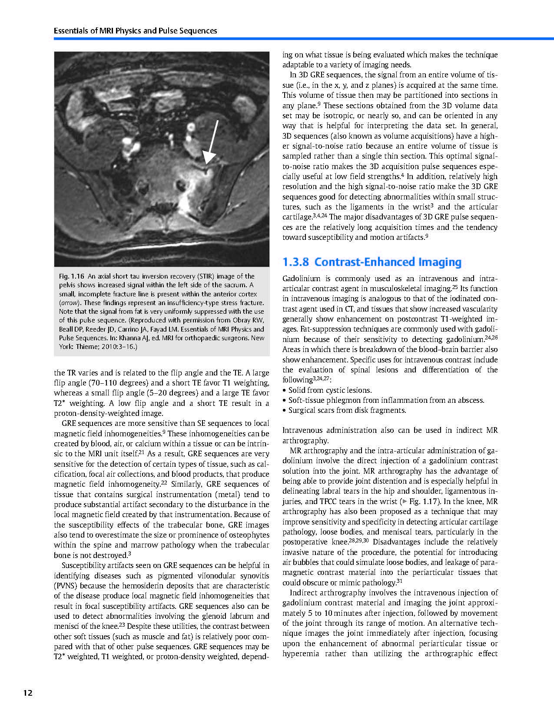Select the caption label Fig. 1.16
point(71,276)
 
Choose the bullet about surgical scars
point(347,410)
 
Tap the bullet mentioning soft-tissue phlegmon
point(386,400)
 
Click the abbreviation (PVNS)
point(65,586)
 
